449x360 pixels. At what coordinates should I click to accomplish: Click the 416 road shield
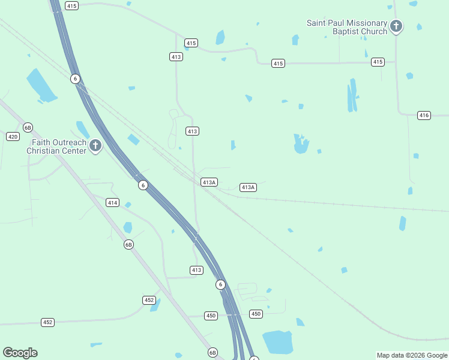[x=424, y=115]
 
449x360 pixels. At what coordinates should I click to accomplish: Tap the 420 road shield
[x=13, y=137]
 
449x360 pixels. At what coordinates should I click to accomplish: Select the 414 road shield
[x=112, y=203]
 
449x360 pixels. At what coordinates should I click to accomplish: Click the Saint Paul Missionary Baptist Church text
[x=347, y=27]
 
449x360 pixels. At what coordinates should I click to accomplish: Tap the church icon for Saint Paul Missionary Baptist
[x=396, y=26]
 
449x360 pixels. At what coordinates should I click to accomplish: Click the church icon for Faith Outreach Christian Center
[x=95, y=146]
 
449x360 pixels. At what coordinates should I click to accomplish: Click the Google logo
[x=20, y=353]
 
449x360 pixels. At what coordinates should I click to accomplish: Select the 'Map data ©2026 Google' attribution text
[x=412, y=355]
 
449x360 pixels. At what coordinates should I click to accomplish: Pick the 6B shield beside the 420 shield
[x=28, y=127]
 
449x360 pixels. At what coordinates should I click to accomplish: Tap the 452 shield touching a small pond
[x=149, y=300]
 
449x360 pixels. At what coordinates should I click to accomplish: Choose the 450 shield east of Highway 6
[x=256, y=314]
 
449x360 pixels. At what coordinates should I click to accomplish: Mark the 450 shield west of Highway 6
[x=210, y=316]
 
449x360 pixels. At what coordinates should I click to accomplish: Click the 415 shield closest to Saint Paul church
[x=378, y=62]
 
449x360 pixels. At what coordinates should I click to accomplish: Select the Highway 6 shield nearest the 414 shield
[x=142, y=185]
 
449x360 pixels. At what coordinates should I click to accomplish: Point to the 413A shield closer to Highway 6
[x=209, y=182]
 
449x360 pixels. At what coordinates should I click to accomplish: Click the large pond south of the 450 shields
[x=277, y=341]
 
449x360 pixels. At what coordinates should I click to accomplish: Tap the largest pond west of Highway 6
[x=41, y=85]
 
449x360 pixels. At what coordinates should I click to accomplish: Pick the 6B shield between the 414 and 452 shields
[x=128, y=244]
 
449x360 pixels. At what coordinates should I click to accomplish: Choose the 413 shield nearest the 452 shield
[x=196, y=270]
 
